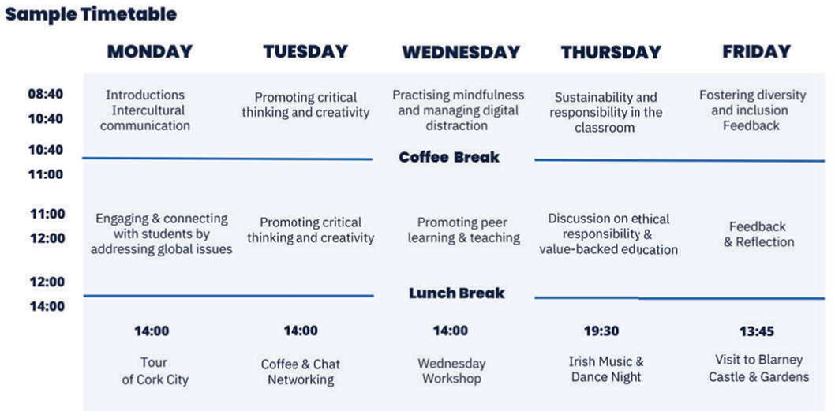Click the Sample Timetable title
91,14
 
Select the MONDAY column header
150,51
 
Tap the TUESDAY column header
305,51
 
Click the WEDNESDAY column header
461,52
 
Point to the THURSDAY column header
611,52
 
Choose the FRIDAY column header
757,51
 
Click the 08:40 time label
46,94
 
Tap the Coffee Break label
449,158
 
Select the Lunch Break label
456,293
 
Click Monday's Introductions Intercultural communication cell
145,110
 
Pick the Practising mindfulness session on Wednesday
459,110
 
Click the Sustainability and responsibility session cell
606,113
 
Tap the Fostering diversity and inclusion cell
752,110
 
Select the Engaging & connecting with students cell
161,234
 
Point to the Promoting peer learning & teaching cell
464,230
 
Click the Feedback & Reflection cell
758,234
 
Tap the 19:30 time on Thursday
601,331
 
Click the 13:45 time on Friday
756,331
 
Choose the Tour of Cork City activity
155,371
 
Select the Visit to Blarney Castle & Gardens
759,368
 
